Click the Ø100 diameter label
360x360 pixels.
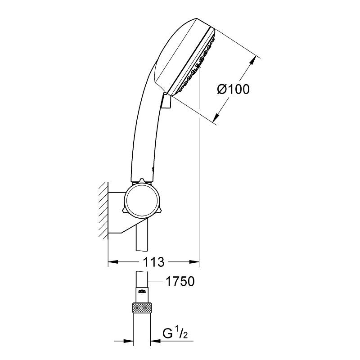tap(233, 89)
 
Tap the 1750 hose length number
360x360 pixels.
tap(179, 282)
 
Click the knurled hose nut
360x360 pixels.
tap(142, 309)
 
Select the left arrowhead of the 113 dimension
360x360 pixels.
tap(112, 261)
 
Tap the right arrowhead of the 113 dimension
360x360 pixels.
tap(194, 261)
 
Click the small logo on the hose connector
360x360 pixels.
tap(142, 291)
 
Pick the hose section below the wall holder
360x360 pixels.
tap(142, 238)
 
